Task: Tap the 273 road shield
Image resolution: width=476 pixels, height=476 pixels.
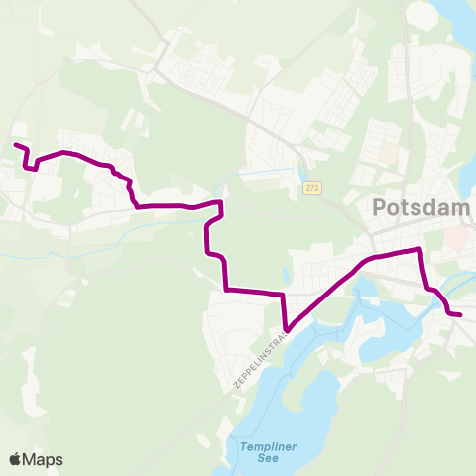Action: click(313, 188)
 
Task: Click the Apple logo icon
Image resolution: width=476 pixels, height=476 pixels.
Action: click(16, 459)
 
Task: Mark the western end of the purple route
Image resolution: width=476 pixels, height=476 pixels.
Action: click(15, 146)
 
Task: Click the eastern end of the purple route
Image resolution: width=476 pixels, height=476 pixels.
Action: click(461, 315)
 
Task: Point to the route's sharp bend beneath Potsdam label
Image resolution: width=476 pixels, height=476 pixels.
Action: click(420, 250)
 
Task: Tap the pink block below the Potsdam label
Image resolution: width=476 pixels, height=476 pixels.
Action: click(456, 237)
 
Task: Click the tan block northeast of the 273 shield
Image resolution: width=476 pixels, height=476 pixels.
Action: click(388, 156)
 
